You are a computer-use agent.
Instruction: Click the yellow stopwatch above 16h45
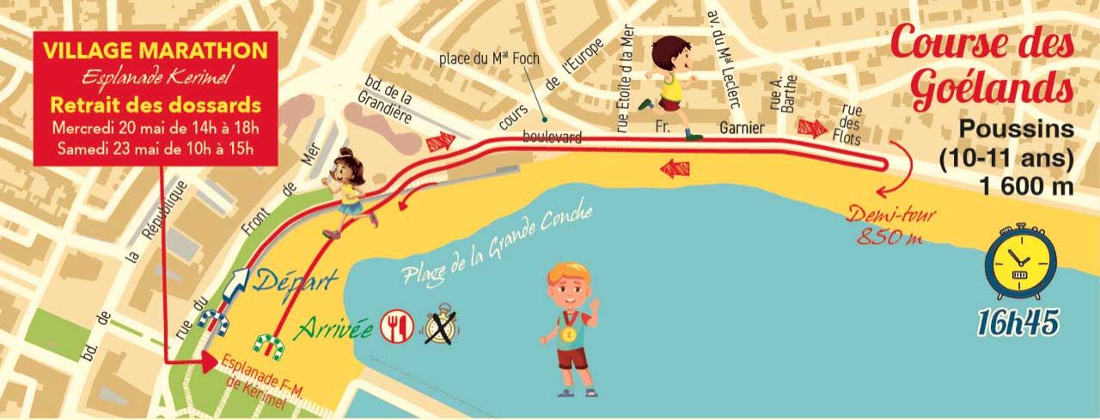click(x=1019, y=265)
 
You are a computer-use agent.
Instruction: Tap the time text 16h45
click(x=1017, y=320)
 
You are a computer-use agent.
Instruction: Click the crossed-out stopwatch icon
click(x=442, y=327)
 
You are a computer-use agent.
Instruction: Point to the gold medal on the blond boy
click(x=567, y=333)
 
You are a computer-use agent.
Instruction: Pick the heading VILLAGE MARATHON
click(x=155, y=52)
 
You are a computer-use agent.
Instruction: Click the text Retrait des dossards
click(x=155, y=107)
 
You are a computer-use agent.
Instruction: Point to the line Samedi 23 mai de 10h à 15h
click(x=155, y=145)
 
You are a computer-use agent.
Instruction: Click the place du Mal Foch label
click(x=483, y=59)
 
